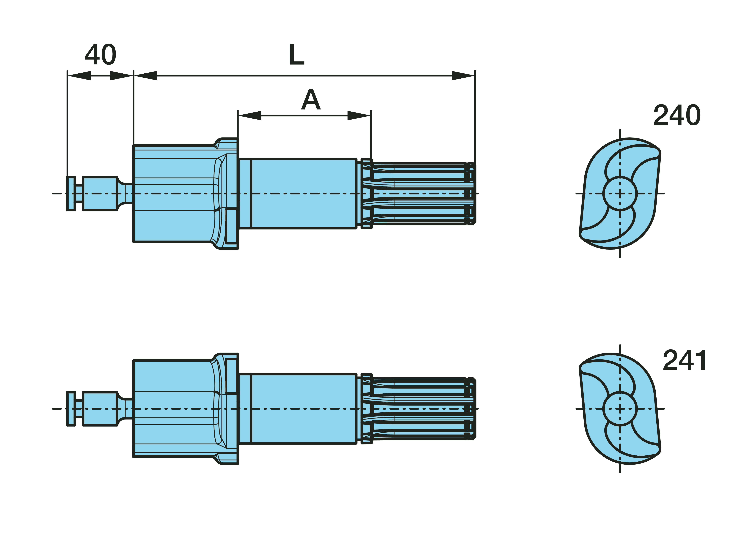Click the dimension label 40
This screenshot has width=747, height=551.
pyautogui.click(x=101, y=55)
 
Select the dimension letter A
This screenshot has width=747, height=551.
pyautogui.click(x=311, y=99)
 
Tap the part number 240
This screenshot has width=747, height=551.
pyautogui.click(x=677, y=115)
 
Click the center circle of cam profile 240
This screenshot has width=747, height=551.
pyautogui.click(x=620, y=193)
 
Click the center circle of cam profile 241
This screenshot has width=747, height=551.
pyautogui.click(x=620, y=409)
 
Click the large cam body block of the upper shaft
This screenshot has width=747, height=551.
pyautogui.click(x=174, y=193)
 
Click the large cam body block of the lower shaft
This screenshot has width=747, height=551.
pyautogui.click(x=174, y=409)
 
